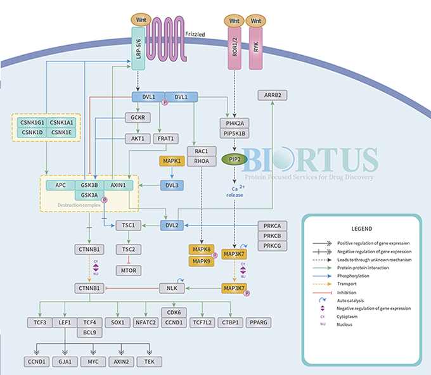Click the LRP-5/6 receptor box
pos(138,48)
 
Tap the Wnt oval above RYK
pos(256,20)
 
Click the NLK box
pos(171,289)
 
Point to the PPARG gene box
pos(260,322)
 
